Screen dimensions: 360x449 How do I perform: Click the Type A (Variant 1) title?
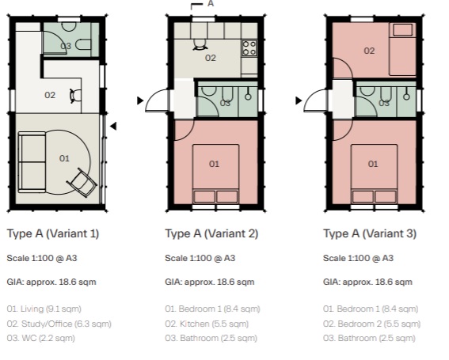(52, 234)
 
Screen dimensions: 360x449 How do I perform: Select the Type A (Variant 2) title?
(211, 234)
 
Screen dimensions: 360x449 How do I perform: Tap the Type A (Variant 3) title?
(370, 234)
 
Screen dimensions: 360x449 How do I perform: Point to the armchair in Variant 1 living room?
(83, 181)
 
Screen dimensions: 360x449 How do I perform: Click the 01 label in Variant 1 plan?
(65, 158)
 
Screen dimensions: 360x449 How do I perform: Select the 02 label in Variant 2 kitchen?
(211, 58)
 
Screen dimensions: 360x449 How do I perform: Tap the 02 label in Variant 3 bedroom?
(369, 51)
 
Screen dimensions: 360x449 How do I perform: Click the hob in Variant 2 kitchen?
(249, 47)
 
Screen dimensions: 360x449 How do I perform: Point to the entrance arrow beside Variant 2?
(141, 100)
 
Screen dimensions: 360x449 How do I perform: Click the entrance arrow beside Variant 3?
(299, 100)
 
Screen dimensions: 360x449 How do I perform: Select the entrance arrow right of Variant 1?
(114, 125)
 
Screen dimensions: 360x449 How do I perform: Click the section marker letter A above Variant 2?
(211, 4)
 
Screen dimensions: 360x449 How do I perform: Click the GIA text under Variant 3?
(368, 282)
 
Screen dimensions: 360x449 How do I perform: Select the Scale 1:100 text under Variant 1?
(42, 258)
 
